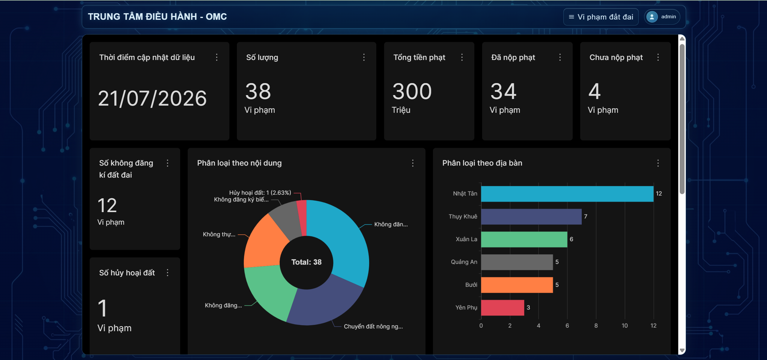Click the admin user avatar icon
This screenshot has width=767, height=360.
click(x=652, y=17)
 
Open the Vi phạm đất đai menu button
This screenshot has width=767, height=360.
click(x=601, y=17)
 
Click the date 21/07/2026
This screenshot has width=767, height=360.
click(x=152, y=98)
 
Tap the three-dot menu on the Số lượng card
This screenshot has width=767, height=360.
click(x=364, y=57)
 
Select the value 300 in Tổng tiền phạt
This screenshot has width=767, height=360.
click(x=412, y=91)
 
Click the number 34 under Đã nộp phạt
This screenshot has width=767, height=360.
click(x=503, y=91)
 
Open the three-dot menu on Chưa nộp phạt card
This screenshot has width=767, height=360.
click(x=658, y=57)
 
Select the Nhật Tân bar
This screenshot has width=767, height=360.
click(x=567, y=194)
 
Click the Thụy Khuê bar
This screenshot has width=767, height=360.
click(x=531, y=217)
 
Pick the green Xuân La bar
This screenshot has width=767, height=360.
click(x=524, y=239)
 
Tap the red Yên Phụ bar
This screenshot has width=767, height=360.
click(x=503, y=308)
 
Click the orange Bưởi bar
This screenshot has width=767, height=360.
click(x=517, y=285)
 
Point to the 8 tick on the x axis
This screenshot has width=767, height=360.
click(x=596, y=326)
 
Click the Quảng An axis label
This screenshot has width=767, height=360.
click(x=464, y=262)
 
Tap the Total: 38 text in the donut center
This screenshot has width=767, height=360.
click(x=306, y=262)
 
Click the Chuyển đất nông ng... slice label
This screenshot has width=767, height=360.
click(x=373, y=326)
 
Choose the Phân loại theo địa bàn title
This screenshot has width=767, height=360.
click(x=482, y=163)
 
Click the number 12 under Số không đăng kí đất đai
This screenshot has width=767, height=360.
click(x=107, y=205)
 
